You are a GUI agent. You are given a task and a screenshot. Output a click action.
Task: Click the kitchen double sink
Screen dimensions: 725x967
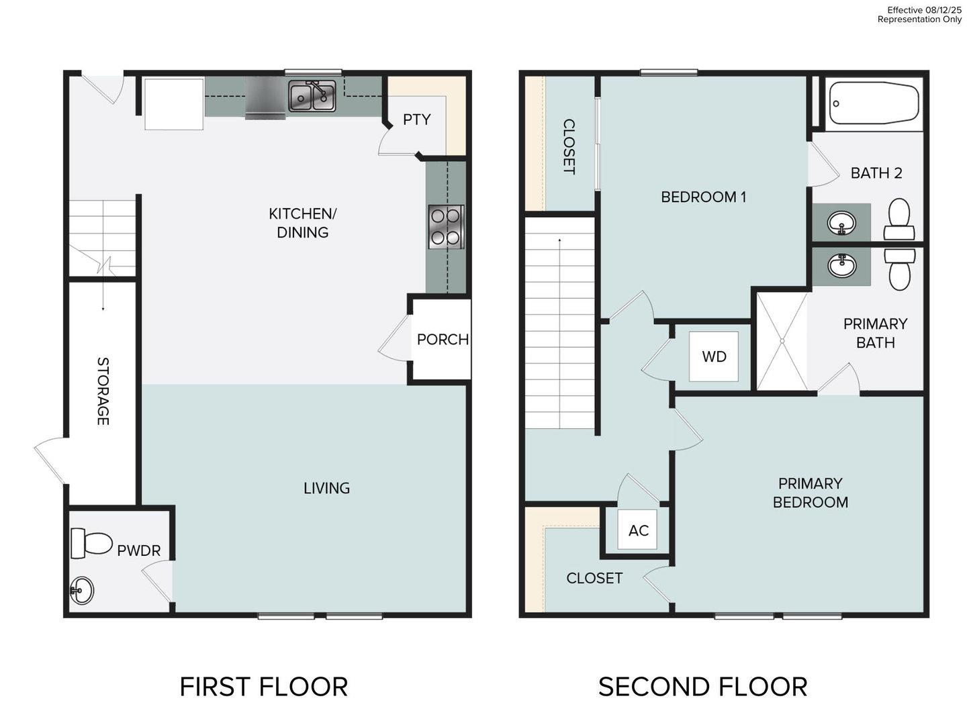point(312,96)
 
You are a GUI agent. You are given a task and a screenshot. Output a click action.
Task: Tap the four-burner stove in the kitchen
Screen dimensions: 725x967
point(446,227)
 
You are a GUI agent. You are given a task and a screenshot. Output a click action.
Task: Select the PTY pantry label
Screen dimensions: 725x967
point(416,119)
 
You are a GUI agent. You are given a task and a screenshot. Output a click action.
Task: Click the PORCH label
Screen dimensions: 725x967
point(443,340)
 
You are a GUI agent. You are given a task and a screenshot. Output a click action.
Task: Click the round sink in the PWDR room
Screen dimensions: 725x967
point(82,591)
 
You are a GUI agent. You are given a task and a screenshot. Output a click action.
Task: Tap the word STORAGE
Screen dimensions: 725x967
point(103,391)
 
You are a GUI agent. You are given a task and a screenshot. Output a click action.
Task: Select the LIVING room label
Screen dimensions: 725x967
point(326,488)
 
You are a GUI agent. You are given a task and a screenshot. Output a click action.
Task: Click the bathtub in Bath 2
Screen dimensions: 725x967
point(874,103)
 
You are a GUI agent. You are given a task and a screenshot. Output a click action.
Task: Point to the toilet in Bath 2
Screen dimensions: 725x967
point(899,219)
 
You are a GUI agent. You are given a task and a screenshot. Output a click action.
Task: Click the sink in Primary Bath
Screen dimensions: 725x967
point(841,266)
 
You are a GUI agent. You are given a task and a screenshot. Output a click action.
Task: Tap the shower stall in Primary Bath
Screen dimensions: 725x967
point(782,340)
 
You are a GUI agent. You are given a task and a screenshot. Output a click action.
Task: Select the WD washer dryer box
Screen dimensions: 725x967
point(714,356)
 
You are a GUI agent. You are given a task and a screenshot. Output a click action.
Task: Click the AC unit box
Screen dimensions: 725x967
point(638,530)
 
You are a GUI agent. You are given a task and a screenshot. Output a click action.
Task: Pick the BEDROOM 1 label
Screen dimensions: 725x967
point(703,197)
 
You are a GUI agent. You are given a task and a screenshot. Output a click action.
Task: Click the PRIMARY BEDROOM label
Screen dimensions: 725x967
point(810,493)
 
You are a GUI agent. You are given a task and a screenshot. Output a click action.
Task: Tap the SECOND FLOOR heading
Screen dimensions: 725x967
point(702,687)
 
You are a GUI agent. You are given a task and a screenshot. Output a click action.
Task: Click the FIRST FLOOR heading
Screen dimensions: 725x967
point(264,687)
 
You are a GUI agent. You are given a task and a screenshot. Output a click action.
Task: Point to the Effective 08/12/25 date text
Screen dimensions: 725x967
point(923,10)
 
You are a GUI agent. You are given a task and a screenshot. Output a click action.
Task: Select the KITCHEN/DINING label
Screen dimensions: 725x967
point(303,223)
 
